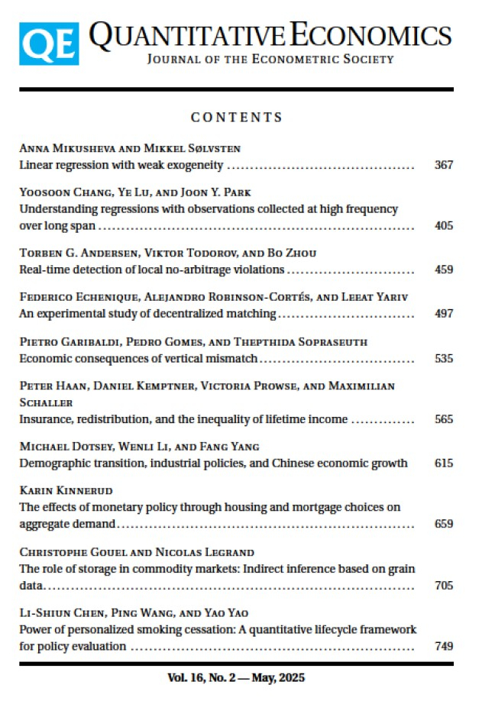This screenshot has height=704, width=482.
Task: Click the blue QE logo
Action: pyautogui.click(x=49, y=44)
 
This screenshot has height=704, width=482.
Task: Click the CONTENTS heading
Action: pyautogui.click(x=237, y=118)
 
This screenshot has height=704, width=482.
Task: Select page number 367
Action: pyautogui.click(x=443, y=165)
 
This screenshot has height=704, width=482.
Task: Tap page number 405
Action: pyautogui.click(x=443, y=226)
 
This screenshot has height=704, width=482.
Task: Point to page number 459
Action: pyautogui.click(x=443, y=270)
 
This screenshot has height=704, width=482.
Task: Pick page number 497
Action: pyautogui.click(x=443, y=313)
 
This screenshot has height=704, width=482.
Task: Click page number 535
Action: pyautogui.click(x=443, y=357)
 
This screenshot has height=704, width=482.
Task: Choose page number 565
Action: pyautogui.click(x=443, y=419)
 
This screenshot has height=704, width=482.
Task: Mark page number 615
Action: pyautogui.click(x=443, y=463)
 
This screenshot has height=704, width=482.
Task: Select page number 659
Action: pyautogui.click(x=443, y=524)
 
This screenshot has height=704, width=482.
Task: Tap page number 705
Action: pyautogui.click(x=443, y=586)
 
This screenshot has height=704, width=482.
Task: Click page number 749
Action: pyautogui.click(x=443, y=647)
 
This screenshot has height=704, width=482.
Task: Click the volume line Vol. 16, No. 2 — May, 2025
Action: pyautogui.click(x=236, y=677)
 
